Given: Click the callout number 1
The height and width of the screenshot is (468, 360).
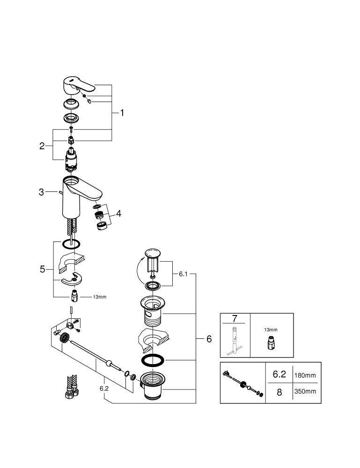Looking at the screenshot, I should pyautogui.click(x=122, y=113).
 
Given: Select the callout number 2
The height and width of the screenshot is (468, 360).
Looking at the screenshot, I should pyautogui.click(x=42, y=146).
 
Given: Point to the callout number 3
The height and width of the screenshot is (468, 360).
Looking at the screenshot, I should pyautogui.click(x=41, y=192).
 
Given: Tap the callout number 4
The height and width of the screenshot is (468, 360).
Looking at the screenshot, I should pyautogui.click(x=119, y=213).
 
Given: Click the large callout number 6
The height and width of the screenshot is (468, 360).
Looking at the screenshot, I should pyautogui.click(x=209, y=339).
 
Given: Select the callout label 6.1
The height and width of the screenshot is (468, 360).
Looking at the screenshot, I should pyautogui.click(x=182, y=275).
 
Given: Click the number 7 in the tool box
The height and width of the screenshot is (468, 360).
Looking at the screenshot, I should pyautogui.click(x=235, y=319).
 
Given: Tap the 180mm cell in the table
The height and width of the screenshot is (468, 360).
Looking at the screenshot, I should pyautogui.click(x=305, y=375).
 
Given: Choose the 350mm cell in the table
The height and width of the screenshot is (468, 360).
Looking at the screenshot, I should pyautogui.click(x=305, y=392).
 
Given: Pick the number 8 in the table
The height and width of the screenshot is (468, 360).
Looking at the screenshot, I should pyautogui.click(x=279, y=392).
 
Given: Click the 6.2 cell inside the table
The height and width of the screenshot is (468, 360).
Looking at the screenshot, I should pyautogui.click(x=279, y=375).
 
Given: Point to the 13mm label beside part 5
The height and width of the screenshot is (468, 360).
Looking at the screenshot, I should pyautogui.click(x=99, y=297).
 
